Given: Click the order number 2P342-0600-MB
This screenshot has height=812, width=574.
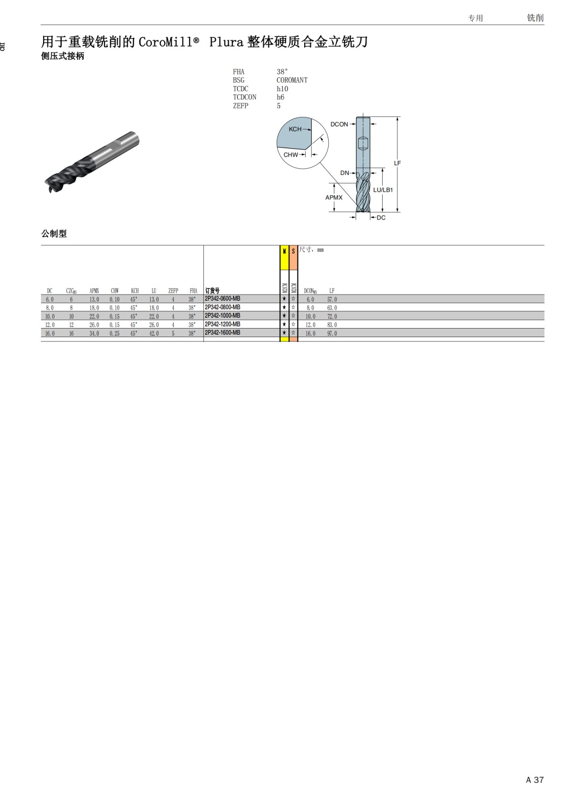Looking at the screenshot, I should pos(222,299).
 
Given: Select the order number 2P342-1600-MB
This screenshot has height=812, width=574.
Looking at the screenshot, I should pos(222,333).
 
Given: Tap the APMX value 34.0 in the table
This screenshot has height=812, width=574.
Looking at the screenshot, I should pos(94,333).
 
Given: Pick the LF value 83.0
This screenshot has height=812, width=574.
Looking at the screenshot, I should pos(332,325).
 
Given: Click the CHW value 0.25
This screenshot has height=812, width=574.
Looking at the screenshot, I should pos(114,333).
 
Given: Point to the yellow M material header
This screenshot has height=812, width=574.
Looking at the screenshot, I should pos(284,252).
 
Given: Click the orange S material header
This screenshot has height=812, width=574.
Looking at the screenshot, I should pos(293,252).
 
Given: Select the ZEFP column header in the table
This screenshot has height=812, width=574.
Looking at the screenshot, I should pos(173,291).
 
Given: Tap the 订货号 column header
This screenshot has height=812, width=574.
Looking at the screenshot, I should pos(212,291).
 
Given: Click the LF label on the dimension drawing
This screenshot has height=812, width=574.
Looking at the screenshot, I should pos(397,163).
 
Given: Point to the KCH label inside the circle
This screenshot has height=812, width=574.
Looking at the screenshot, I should pos(295,129).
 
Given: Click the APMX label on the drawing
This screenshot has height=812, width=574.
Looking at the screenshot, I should pos(334,198).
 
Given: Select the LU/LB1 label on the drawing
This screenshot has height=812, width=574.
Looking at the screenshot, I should pos(383,190).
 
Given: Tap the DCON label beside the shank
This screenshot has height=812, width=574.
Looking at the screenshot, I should pos(339,124).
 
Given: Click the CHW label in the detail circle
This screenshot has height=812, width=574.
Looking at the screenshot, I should pos(290,155).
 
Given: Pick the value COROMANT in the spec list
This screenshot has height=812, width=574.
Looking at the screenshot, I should pos(292,80).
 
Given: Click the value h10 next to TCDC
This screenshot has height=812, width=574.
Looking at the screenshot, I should pos(282,89).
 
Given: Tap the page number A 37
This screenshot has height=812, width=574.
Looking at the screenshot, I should pos(534,780).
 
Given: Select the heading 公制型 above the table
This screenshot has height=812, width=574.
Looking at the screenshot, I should pos(54,234).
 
